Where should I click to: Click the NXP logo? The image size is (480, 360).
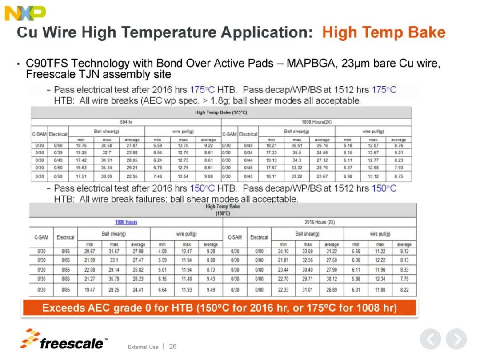click(x=25, y=13)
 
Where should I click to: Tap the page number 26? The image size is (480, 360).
click(x=172, y=346)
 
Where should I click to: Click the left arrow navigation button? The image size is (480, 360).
click(x=430, y=339)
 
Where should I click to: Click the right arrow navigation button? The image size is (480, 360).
click(x=456, y=339)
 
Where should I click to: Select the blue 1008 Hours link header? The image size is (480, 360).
click(x=126, y=222)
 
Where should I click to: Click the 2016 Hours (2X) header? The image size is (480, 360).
click(x=320, y=222)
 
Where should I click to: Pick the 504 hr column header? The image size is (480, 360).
click(x=126, y=121)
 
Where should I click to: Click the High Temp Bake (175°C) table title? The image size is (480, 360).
click(x=220, y=112)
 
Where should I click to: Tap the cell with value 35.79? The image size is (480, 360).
click(x=114, y=279)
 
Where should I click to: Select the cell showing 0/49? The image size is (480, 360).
click(x=58, y=160)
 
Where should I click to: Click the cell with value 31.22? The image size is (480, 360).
click(x=332, y=252)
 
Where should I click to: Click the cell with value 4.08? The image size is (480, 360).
click(x=162, y=252)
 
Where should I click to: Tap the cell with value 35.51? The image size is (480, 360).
click(x=296, y=145)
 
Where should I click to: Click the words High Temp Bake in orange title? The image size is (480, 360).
click(x=384, y=32)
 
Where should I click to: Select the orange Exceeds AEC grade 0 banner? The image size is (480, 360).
click(x=219, y=308)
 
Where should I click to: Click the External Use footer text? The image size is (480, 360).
click(x=143, y=347)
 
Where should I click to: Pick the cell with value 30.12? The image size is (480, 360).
click(x=332, y=279)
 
